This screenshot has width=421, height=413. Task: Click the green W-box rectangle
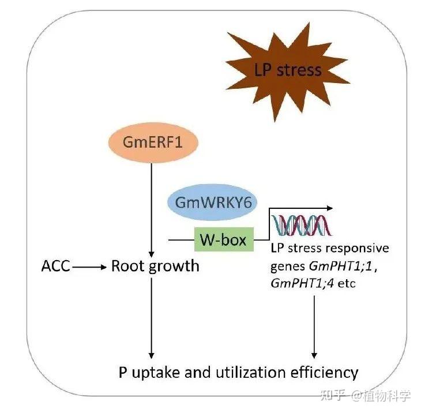pos(223,239)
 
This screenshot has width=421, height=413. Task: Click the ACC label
pos(56,266)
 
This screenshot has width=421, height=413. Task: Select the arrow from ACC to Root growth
pos(90,267)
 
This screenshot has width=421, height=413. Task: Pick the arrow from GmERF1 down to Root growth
pos(151,208)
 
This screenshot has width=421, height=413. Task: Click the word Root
pos(127,266)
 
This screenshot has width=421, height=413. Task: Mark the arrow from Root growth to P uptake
pos(151,317)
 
